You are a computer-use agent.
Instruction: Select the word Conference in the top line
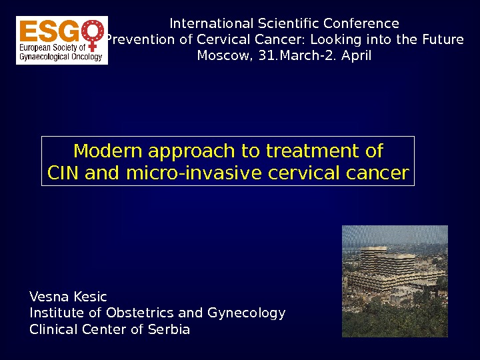[361, 23]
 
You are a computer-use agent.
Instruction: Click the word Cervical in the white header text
[223, 39]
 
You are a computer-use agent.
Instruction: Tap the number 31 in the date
[268, 55]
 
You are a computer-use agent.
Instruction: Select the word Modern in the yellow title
[108, 151]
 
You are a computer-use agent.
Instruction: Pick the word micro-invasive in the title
[194, 173]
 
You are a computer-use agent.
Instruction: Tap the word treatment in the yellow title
[312, 151]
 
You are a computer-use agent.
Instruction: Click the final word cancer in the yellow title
[378, 173]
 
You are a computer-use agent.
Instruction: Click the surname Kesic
[90, 297]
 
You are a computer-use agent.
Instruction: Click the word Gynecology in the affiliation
[247, 313]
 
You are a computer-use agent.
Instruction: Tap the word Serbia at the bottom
[169, 329]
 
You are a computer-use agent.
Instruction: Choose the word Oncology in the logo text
[87, 57]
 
